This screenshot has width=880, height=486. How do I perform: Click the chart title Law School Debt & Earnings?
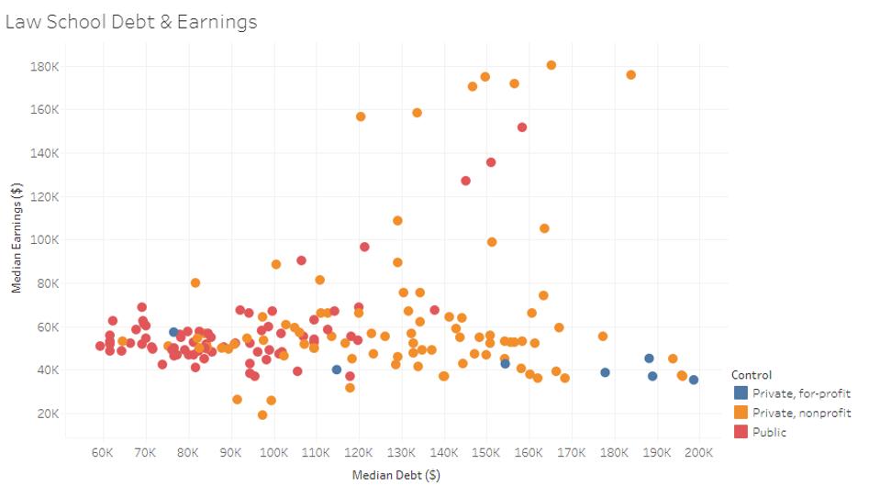[131, 21]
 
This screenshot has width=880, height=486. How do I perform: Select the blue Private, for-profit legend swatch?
[741, 393]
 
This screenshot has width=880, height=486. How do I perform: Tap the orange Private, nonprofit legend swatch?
[741, 413]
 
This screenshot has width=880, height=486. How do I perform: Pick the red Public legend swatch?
[741, 432]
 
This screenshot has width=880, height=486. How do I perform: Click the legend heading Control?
[751, 375]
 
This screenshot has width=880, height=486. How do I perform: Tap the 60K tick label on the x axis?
[103, 452]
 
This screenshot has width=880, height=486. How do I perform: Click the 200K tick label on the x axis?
[698, 452]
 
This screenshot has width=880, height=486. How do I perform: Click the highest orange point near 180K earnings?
[551, 65]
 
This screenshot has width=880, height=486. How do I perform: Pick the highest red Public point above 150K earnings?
[522, 127]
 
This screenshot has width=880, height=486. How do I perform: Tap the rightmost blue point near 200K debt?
[694, 380]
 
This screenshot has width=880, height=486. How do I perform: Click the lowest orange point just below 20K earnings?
[262, 415]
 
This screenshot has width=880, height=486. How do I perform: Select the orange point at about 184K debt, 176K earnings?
[630, 75]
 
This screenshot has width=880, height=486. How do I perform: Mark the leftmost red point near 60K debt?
[100, 346]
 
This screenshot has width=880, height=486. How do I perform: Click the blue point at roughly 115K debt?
[337, 370]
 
